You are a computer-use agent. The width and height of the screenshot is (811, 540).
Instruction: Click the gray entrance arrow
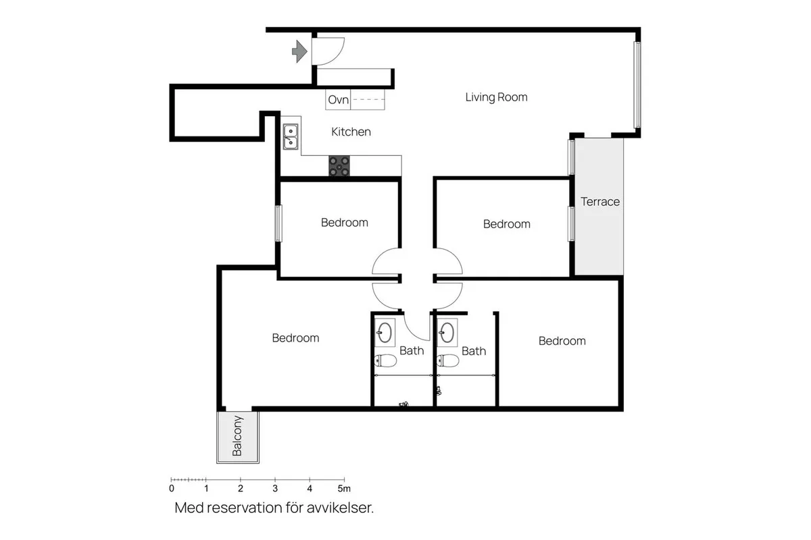coord(299,51)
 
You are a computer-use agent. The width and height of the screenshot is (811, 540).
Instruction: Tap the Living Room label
coord(496,97)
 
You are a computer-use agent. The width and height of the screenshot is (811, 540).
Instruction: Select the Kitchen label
coord(351,132)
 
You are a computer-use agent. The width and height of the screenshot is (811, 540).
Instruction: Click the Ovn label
coord(338,99)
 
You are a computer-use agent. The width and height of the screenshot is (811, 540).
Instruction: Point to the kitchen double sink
coord(291,137)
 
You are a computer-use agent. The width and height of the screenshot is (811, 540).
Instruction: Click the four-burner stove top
coord(339,166)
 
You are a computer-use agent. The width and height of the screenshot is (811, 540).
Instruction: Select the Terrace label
coord(600,201)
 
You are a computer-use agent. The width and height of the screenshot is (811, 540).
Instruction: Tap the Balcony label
coord(237,436)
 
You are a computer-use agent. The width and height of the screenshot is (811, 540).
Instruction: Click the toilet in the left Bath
coord(386,360)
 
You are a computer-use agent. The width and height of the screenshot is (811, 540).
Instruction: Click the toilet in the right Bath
coord(448,360)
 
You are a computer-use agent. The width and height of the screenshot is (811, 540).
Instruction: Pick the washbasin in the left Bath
coord(385,332)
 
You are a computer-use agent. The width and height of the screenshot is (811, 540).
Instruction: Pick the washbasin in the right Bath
coord(447,332)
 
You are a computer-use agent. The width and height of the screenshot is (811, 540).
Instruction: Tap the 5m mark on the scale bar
coord(344,489)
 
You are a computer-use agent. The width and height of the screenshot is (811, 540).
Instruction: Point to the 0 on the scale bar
coord(172,489)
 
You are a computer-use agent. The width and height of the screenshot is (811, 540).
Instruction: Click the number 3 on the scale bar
coord(275,489)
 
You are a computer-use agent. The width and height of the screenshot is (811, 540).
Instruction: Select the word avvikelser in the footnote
coord(340,508)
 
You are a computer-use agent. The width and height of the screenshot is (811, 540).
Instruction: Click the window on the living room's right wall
coord(637,84)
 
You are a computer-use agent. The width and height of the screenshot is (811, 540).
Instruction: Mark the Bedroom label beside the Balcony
coord(295,337)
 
